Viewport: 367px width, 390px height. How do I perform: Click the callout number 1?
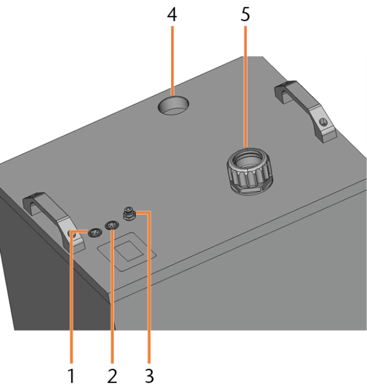[x=71, y=376]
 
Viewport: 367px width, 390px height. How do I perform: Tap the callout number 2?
[x=112, y=376]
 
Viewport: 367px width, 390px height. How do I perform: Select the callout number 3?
[x=149, y=376]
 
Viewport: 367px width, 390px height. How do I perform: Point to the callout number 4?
[x=172, y=14]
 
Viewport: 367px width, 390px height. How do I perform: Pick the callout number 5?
[x=245, y=14]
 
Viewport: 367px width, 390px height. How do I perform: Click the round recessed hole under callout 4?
[x=174, y=105]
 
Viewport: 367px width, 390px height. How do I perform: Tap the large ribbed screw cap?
[x=250, y=172]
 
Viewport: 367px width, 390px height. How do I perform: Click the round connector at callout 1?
[x=95, y=233]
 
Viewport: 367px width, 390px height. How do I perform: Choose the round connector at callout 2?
[x=112, y=226]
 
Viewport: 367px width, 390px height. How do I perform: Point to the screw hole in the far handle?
[x=323, y=122]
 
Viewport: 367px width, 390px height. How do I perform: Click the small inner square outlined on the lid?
[x=129, y=251]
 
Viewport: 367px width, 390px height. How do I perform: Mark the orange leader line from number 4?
[x=172, y=61]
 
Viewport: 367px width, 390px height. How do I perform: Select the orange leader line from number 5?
[x=246, y=87]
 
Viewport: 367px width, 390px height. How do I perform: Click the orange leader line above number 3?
[x=149, y=286]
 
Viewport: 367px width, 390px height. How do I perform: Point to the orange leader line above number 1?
[x=71, y=296]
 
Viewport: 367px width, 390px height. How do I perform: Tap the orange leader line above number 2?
[x=112, y=296]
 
